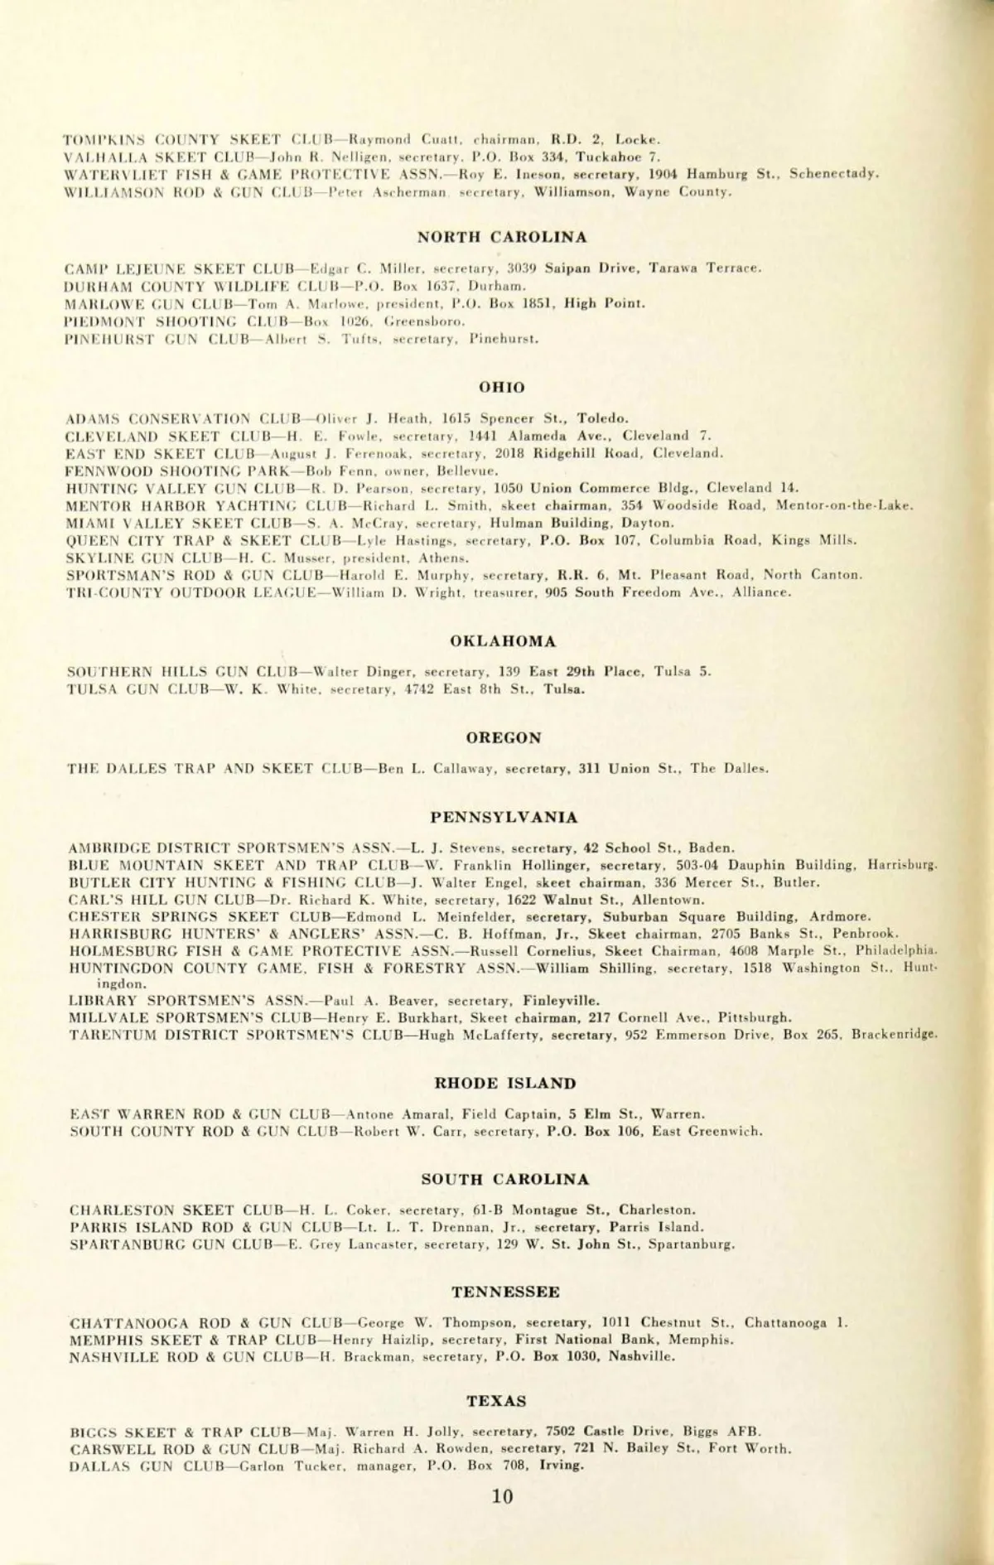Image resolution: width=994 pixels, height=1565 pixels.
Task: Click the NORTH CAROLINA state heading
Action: pyautogui.click(x=502, y=237)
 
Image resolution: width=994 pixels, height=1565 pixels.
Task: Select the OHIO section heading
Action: pyautogui.click(x=502, y=387)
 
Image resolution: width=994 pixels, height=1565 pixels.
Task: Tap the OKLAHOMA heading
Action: pyautogui.click(x=503, y=641)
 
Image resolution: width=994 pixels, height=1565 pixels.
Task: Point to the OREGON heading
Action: pyautogui.click(x=503, y=737)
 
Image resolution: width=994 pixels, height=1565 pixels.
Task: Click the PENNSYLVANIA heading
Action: pyautogui.click(x=504, y=817)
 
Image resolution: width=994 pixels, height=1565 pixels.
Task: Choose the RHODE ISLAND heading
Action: pyautogui.click(x=504, y=1083)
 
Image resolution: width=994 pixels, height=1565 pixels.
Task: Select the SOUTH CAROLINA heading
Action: pyautogui.click(x=504, y=1179)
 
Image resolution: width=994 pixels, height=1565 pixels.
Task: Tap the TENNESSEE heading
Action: pyautogui.click(x=505, y=1292)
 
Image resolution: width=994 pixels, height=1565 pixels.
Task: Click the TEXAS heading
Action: pyautogui.click(x=496, y=1401)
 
